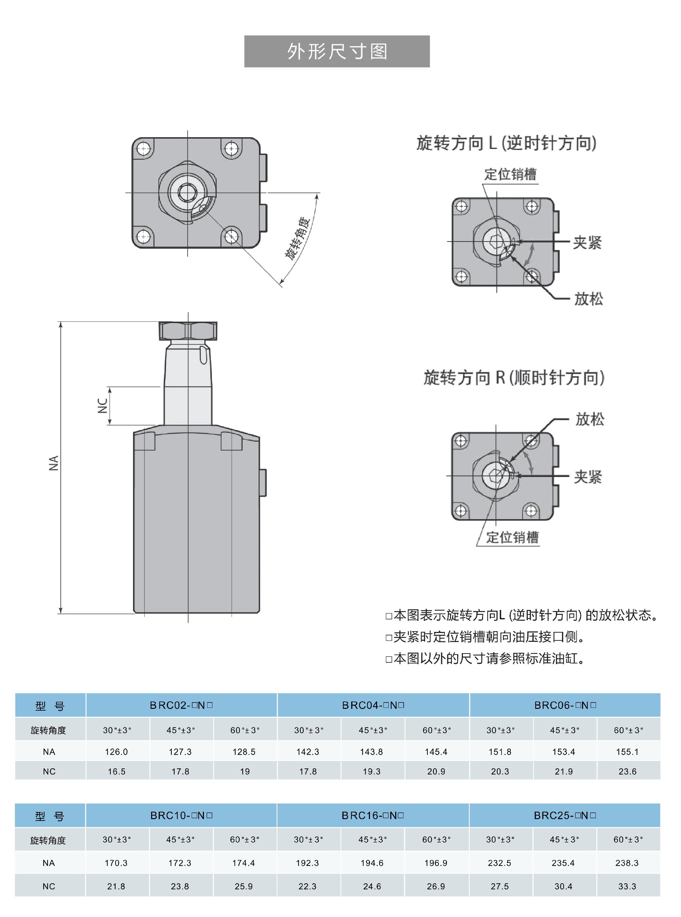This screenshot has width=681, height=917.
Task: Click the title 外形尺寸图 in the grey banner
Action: pos(337,51)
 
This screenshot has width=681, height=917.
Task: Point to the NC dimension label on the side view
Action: pos(102,406)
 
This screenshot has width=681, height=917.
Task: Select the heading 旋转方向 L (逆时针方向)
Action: pos(506,143)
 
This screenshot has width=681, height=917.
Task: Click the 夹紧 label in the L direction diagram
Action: pos(587,242)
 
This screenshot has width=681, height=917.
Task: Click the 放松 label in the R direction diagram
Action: pos(589,419)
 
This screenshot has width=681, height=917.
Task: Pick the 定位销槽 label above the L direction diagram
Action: pos(510,174)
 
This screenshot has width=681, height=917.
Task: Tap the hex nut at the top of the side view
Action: pos(188,331)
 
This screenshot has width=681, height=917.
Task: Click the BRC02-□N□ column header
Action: pos(181,705)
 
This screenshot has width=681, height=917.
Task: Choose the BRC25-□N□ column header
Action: pos(565,815)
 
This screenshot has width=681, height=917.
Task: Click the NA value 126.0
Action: pos(116,752)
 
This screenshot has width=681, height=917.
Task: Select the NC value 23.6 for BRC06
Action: pos(627,772)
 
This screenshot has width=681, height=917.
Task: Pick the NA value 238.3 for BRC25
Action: pos(627,863)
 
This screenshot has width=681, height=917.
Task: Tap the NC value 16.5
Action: pos(116,772)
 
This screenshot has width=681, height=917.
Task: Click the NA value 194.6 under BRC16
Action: pos(372,863)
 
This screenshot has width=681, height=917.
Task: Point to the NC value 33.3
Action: pos(627,886)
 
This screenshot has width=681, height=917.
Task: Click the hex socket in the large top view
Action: pos(187,192)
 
